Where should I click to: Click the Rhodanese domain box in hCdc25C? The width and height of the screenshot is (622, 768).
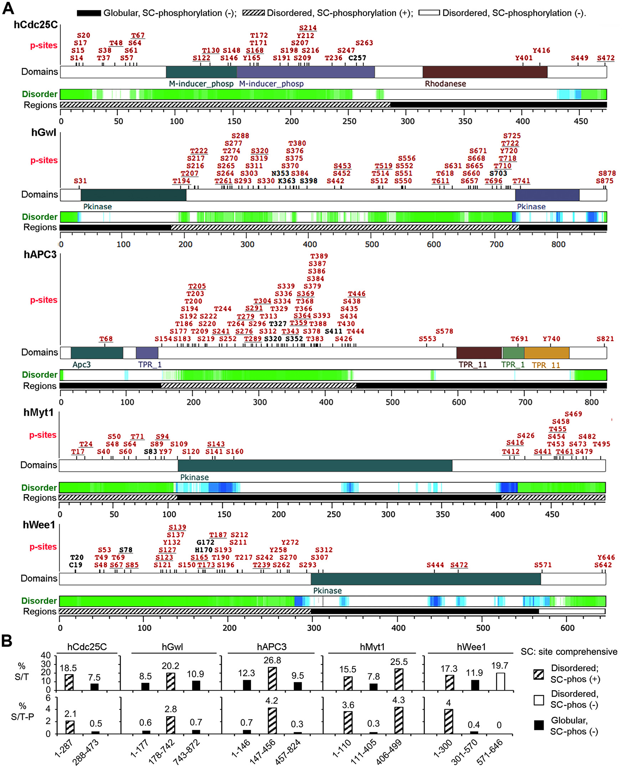(x=484, y=72)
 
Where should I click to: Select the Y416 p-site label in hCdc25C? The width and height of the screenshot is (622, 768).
(x=541, y=51)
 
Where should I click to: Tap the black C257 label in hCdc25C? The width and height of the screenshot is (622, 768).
(x=357, y=58)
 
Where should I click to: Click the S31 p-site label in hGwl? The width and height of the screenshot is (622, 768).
(x=80, y=181)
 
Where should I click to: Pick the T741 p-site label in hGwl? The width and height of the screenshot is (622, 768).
(x=521, y=181)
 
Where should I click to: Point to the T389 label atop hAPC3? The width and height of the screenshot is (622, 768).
(x=319, y=256)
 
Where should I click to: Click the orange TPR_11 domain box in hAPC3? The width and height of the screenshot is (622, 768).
(x=546, y=353)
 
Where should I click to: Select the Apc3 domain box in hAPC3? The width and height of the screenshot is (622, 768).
(x=97, y=353)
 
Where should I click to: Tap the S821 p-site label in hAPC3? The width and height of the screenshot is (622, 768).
(x=605, y=339)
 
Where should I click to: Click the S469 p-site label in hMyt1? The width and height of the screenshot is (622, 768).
(x=573, y=414)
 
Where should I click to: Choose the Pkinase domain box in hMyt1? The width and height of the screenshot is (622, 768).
(x=315, y=465)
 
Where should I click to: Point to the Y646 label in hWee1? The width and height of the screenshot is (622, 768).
(x=606, y=557)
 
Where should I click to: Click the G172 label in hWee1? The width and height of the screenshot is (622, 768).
(x=205, y=542)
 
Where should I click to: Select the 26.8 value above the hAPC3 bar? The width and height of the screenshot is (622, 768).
(x=272, y=661)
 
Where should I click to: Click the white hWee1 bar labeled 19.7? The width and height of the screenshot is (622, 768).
(x=500, y=682)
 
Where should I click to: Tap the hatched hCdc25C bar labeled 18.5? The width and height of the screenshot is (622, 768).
(x=69, y=683)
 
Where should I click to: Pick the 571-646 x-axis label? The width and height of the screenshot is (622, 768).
(x=489, y=751)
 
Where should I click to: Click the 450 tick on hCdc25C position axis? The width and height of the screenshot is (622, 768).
(x=580, y=121)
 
